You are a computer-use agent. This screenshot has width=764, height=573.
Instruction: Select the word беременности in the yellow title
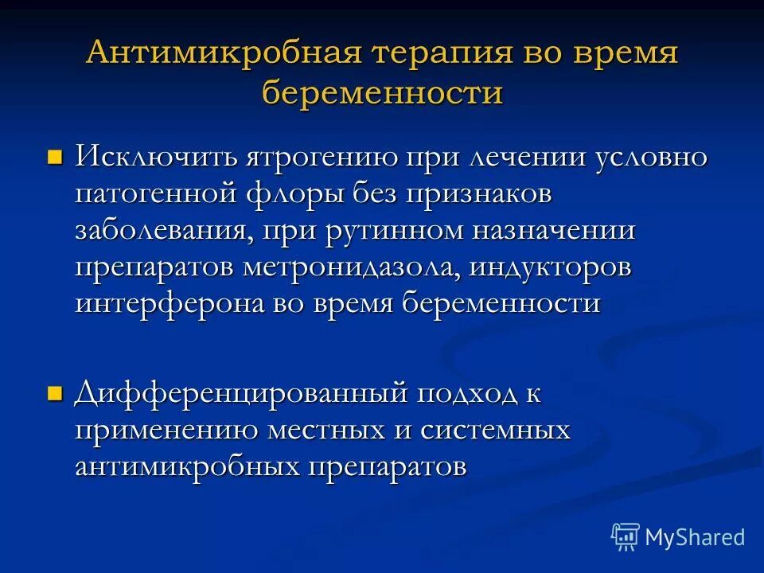click(x=383, y=94)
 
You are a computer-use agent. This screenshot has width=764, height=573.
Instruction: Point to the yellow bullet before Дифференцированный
click(x=55, y=392)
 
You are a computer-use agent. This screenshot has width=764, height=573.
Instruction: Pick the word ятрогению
click(x=305, y=157)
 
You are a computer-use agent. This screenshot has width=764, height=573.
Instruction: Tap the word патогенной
click(x=157, y=193)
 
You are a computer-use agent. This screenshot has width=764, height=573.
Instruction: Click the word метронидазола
click(x=351, y=268)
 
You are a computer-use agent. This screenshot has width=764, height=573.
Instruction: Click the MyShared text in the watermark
click(x=695, y=537)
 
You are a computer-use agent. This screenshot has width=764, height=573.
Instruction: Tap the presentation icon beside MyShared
click(x=626, y=537)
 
